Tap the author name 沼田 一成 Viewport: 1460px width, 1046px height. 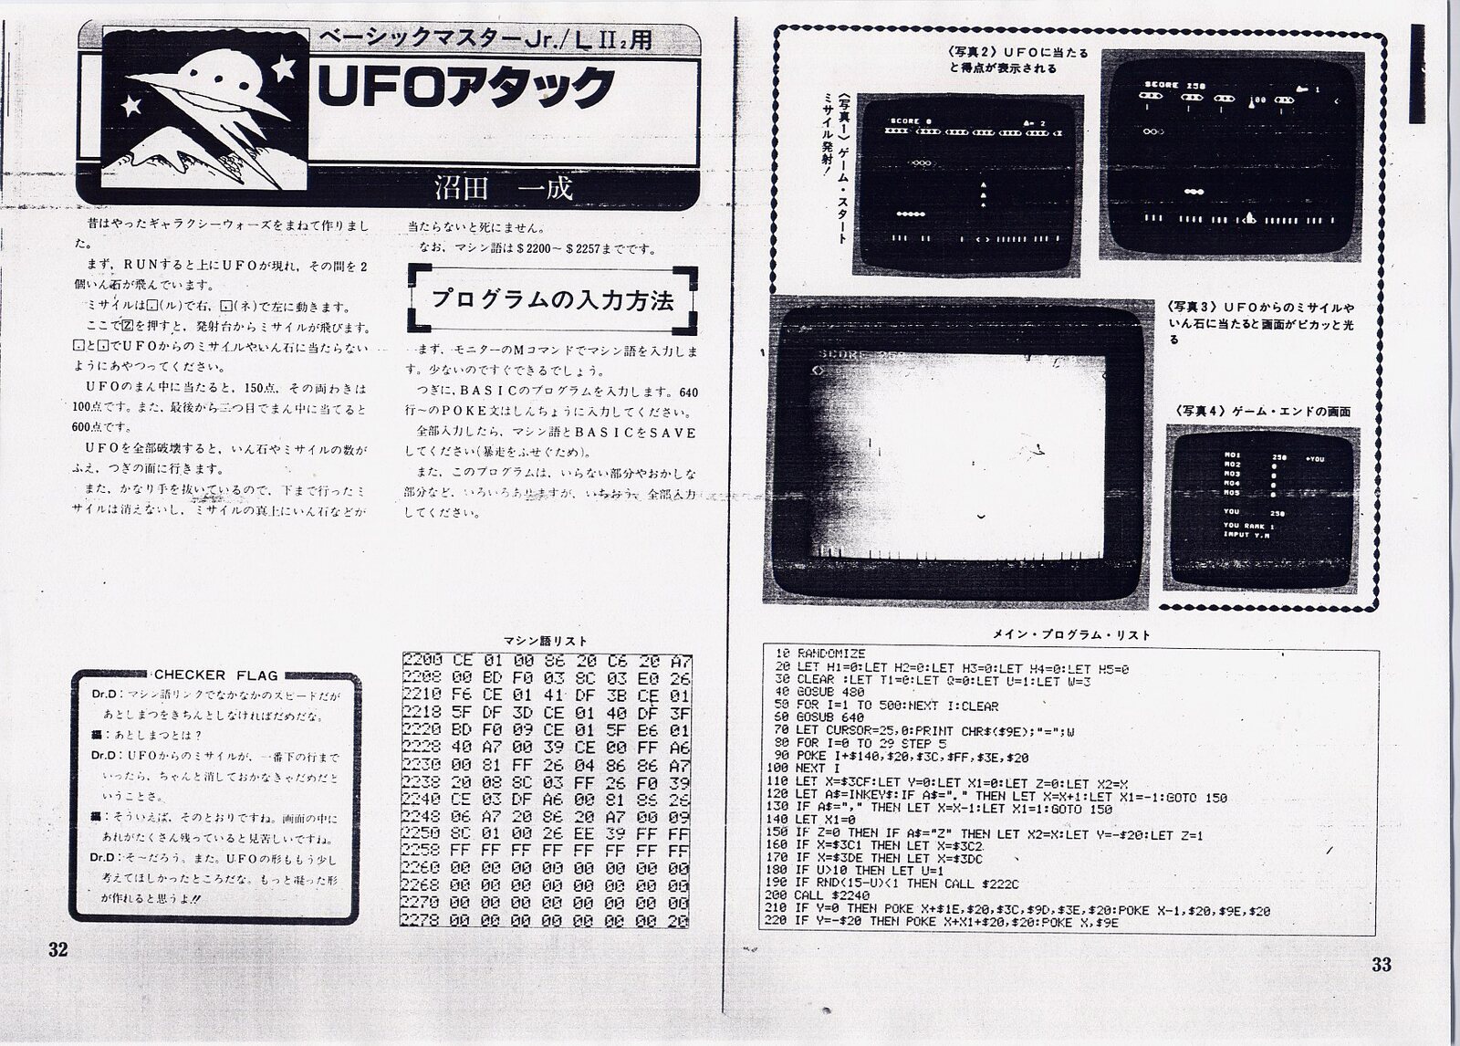504,189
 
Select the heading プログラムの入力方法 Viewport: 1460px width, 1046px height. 553,298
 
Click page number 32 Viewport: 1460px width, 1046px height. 57,949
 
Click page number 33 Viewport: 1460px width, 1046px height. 1381,965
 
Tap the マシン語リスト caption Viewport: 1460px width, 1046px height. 546,641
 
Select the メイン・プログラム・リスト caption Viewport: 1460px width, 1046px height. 1070,635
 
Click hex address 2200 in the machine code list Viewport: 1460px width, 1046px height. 422,660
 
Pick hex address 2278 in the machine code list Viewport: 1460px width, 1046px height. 422,921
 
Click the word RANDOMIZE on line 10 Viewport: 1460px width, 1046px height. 831,654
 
